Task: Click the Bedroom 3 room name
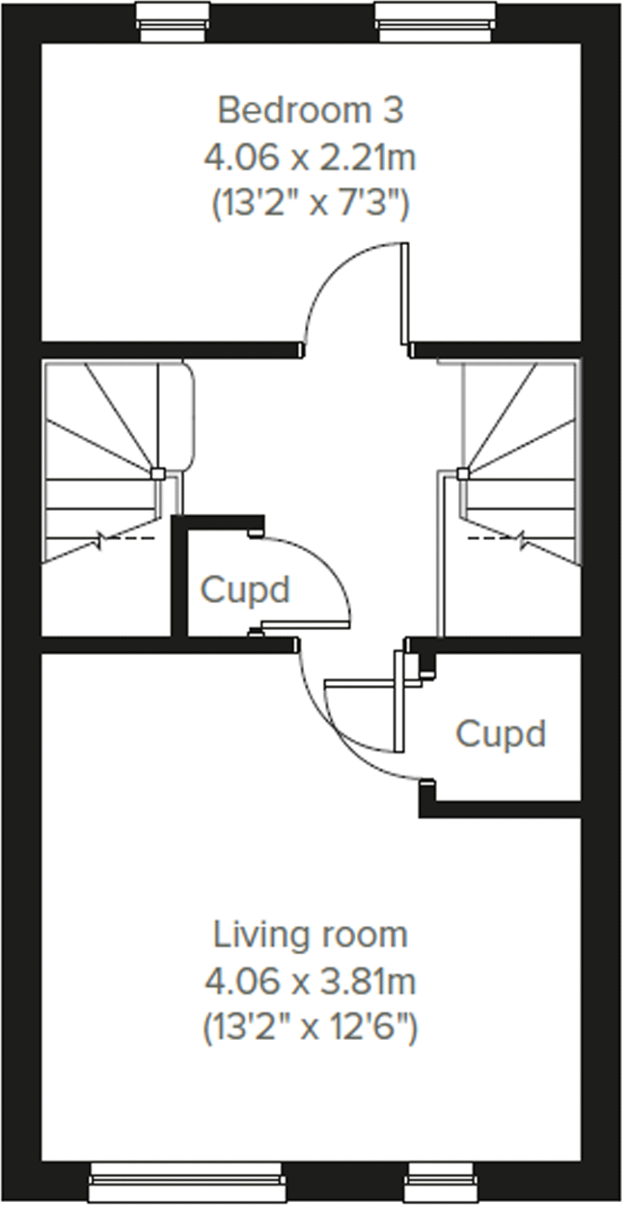click(x=311, y=111)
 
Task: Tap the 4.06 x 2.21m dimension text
click(x=310, y=158)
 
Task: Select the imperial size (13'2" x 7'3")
click(x=311, y=205)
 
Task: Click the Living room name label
click(x=311, y=935)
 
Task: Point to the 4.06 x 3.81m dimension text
click(x=310, y=982)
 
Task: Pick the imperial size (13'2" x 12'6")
click(x=311, y=1028)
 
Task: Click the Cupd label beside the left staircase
click(x=245, y=590)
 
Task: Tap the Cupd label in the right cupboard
click(x=500, y=733)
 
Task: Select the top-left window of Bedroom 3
click(x=174, y=22)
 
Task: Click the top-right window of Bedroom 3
click(x=434, y=22)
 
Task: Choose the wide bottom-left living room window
click(x=188, y=1183)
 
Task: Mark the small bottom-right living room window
click(x=441, y=1183)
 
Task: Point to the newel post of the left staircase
click(x=158, y=473)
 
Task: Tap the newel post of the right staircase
click(x=463, y=473)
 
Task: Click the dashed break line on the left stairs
click(x=128, y=538)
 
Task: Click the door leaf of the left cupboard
click(x=306, y=625)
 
